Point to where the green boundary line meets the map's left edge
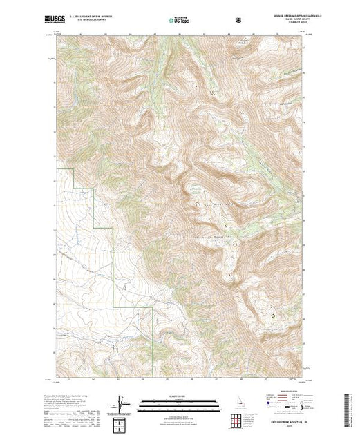click(57, 168)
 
